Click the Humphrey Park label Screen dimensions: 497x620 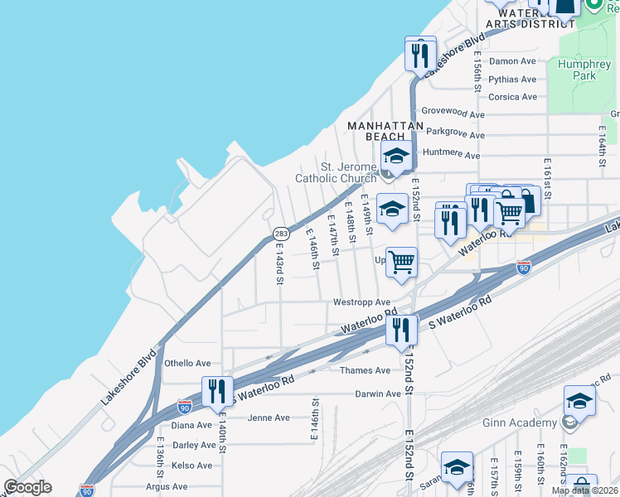pyautogui.click(x=578, y=70)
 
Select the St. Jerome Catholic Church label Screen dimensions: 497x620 pyautogui.click(x=336, y=172)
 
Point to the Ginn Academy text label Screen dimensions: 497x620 pyautogui.click(x=520, y=423)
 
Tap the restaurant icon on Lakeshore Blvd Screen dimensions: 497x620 pyautogui.click(x=420, y=55)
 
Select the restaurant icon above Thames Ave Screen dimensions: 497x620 pyautogui.click(x=402, y=330)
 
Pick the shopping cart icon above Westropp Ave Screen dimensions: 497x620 pyautogui.click(x=401, y=263)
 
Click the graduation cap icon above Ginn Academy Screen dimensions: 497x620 pyautogui.click(x=579, y=401)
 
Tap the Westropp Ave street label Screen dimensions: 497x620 pyautogui.click(x=361, y=302)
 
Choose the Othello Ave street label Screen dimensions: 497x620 pyautogui.click(x=187, y=363)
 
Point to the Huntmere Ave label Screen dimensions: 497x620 pyautogui.click(x=451, y=155)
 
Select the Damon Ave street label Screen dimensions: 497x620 pyautogui.click(x=512, y=61)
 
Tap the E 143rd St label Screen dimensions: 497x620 pyautogui.click(x=280, y=264)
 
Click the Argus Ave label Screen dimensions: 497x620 pyautogui.click(x=168, y=487)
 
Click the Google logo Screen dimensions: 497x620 pyautogui.click(x=27, y=487)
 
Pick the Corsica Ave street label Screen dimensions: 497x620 pyautogui.click(x=512, y=97)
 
